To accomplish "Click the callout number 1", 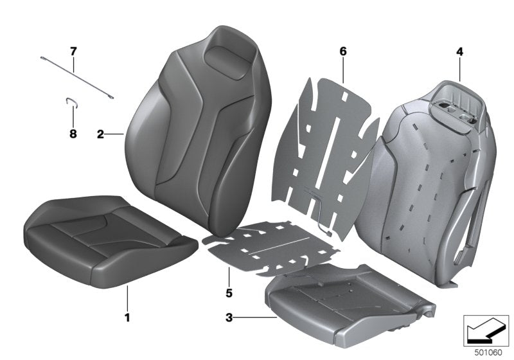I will pyautogui.click(x=127, y=317).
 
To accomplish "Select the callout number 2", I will pyautogui.click(x=100, y=134).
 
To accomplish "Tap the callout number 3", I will pyautogui.click(x=229, y=317).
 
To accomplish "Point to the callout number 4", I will pyautogui.click(x=459, y=50).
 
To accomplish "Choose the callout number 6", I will pyautogui.click(x=343, y=50).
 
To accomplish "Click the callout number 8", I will pyautogui.click(x=73, y=134).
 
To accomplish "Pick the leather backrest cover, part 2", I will pyautogui.click(x=193, y=129).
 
